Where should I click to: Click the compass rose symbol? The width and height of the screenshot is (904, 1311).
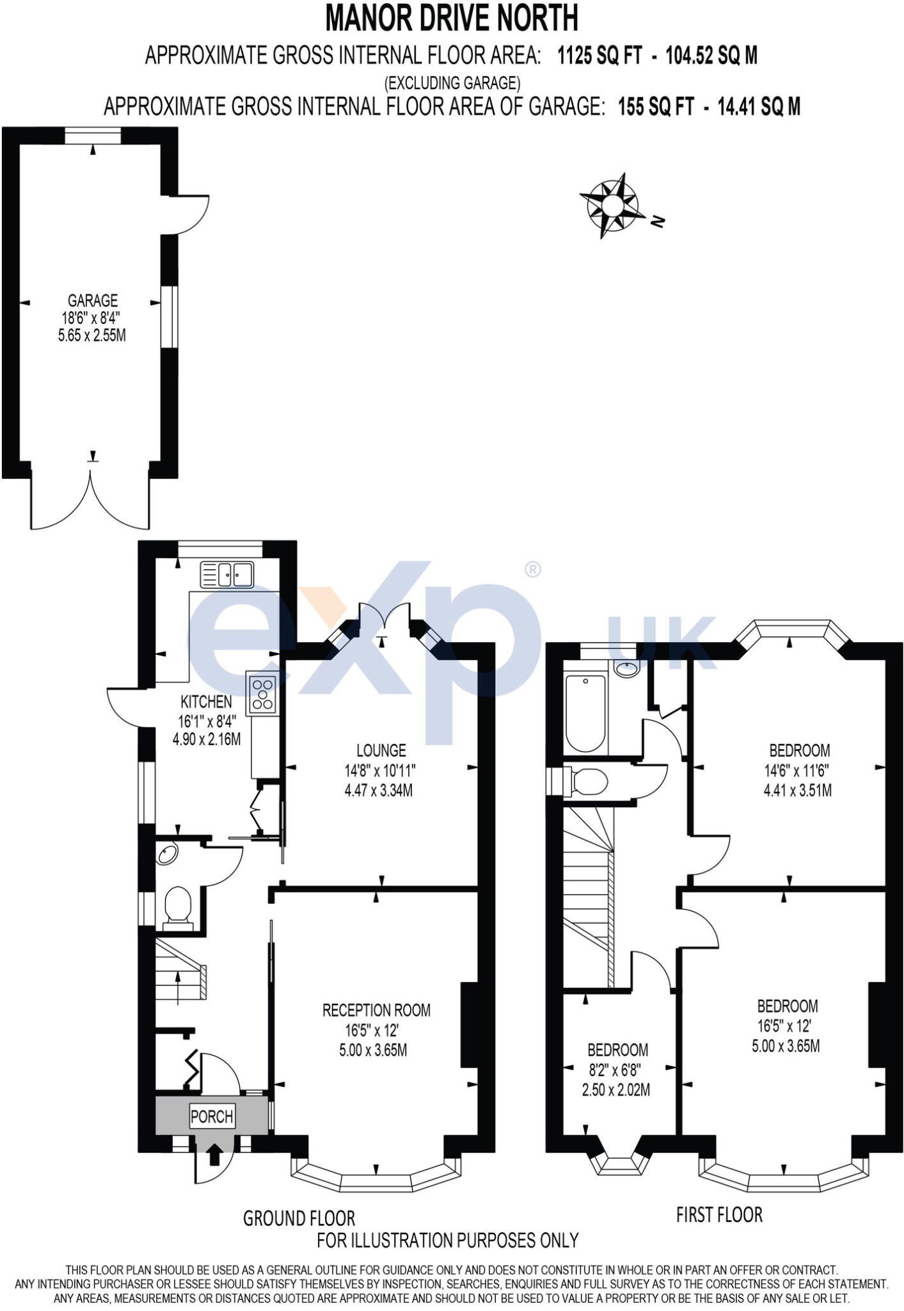coord(608,205)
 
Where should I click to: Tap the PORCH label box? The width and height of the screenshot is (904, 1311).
coord(212,1117)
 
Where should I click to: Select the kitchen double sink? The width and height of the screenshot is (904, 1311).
coord(227,574)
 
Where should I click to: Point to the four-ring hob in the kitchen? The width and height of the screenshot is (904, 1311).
coord(263,693)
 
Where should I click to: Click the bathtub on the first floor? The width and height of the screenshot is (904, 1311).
coord(585,712)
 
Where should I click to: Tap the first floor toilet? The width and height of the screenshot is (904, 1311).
coord(587,782)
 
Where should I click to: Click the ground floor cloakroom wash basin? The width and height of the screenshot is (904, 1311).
coord(168,854)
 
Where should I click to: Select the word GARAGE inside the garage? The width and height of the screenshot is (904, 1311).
coord(93,300)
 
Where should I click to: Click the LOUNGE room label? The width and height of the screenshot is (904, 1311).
coord(381,750)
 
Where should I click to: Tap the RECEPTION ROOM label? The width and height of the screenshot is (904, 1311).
coord(376,1009)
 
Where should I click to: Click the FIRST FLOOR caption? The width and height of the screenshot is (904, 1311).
coord(719,1214)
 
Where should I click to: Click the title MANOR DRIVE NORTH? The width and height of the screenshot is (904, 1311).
coord(452,18)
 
